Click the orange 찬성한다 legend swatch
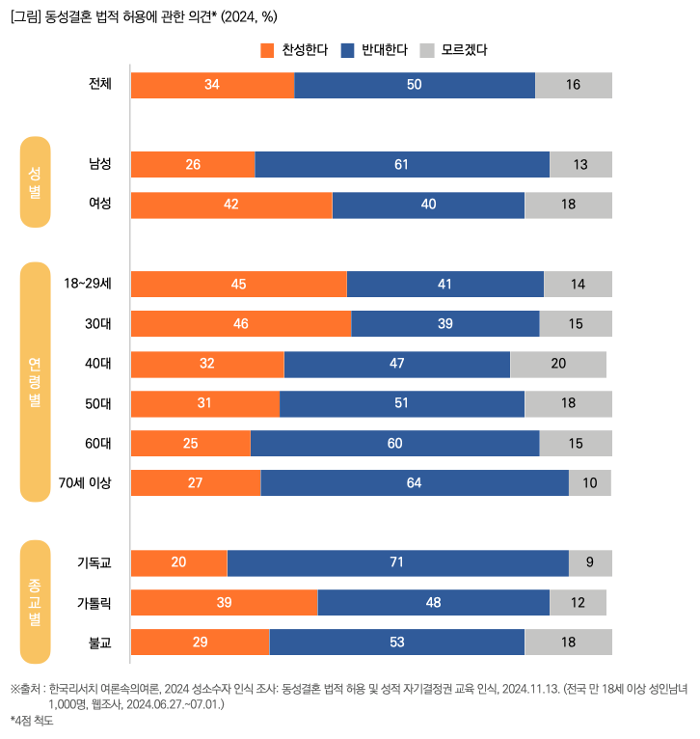pyautogui.click(x=268, y=50)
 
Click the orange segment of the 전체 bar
pyautogui.click(x=212, y=85)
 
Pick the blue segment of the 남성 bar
pyautogui.click(x=402, y=165)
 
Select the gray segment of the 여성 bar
pyautogui.click(x=568, y=205)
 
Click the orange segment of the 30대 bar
pyautogui.click(x=241, y=324)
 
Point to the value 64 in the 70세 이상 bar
pyautogui.click(x=415, y=483)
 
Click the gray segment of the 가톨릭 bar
pyautogui.click(x=578, y=603)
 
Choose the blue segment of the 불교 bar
pyautogui.click(x=397, y=643)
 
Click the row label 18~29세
pyautogui.click(x=88, y=285)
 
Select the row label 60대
pyautogui.click(x=98, y=444)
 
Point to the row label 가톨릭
pyautogui.click(x=94, y=603)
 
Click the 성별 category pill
pyautogui.click(x=35, y=182)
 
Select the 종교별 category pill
pyautogui.click(x=35, y=602)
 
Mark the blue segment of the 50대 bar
pyautogui.click(x=402, y=404)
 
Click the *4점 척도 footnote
pyautogui.click(x=32, y=720)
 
